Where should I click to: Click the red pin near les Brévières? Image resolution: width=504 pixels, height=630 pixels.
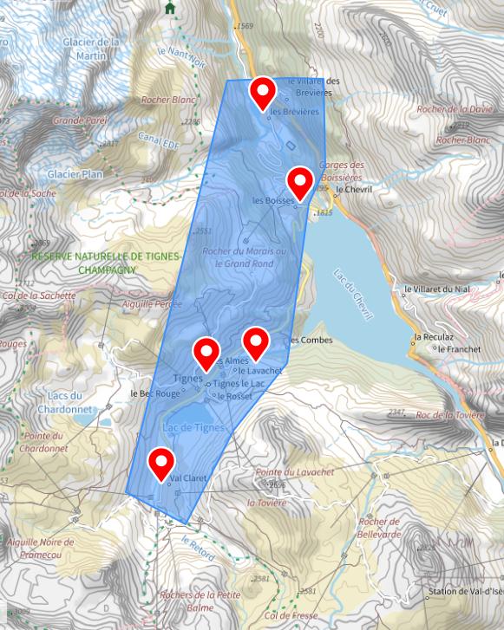pyautogui.click(x=263, y=92)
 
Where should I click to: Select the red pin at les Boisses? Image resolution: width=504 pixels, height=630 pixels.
pyautogui.click(x=300, y=183)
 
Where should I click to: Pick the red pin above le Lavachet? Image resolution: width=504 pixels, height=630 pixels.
pyautogui.click(x=255, y=342)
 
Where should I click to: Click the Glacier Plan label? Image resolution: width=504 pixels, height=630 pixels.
pyautogui.click(x=75, y=173)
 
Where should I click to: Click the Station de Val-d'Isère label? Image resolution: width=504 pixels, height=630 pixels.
pyautogui.click(x=465, y=593)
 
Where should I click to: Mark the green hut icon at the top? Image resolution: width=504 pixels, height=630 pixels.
pyautogui.click(x=169, y=8)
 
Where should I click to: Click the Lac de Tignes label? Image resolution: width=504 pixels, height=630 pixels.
pyautogui.click(x=193, y=428)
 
